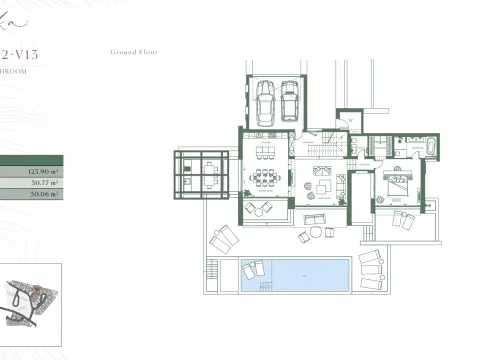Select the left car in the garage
click(x=266, y=100)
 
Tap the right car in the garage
click(x=290, y=100)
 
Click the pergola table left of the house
click(x=202, y=174)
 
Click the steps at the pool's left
click(x=210, y=274)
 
